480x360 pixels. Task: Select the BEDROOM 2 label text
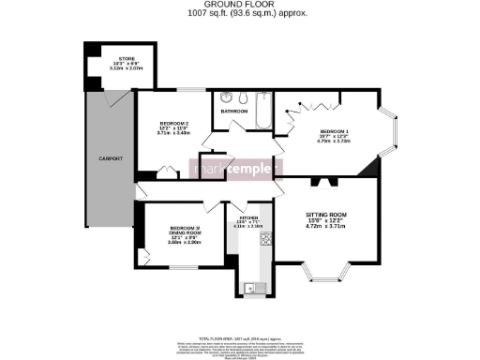point(174,125)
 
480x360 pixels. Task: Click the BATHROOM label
point(234,112)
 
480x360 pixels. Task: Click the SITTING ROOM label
point(327,215)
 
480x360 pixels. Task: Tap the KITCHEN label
point(247,218)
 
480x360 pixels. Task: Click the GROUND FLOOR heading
point(239,6)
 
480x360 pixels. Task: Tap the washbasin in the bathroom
point(226,97)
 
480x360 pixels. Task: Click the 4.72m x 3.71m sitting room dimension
point(327,227)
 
